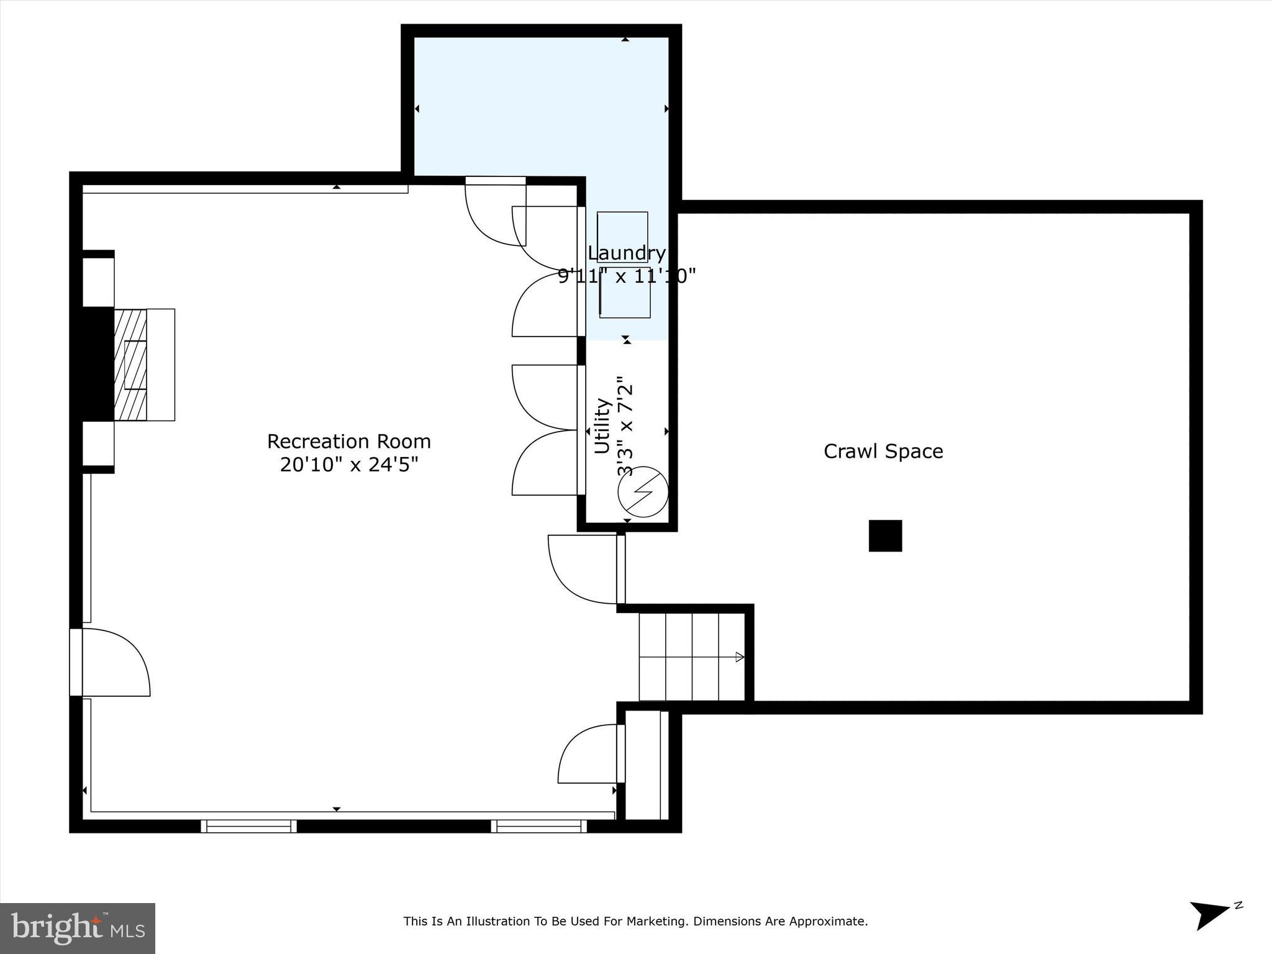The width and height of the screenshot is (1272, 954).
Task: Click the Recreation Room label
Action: click(x=348, y=441)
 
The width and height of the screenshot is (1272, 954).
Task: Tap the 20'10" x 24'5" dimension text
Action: click(x=348, y=464)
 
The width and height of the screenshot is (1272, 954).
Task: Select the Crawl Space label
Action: click(x=883, y=451)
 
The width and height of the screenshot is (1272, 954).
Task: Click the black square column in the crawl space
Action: click(x=885, y=535)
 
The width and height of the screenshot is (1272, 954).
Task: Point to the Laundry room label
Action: click(x=626, y=253)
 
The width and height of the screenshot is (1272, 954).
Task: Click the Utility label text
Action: click(x=602, y=426)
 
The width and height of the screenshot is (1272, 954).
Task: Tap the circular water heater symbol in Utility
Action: click(x=642, y=492)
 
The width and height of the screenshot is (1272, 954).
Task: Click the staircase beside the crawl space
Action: click(x=691, y=656)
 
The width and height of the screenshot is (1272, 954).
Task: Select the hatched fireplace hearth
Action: click(x=130, y=365)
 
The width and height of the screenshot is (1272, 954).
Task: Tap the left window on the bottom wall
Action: click(x=248, y=826)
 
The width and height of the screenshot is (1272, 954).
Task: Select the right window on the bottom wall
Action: click(x=538, y=826)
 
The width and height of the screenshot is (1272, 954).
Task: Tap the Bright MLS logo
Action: click(x=78, y=928)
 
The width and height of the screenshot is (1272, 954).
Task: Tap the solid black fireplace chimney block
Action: click(x=98, y=365)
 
